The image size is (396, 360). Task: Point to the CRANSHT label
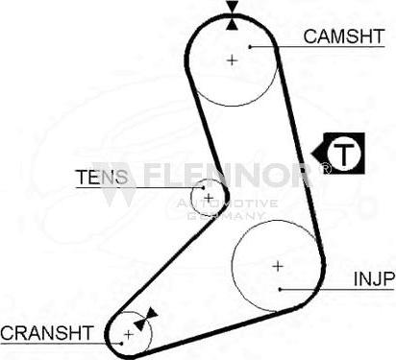coord(46,333)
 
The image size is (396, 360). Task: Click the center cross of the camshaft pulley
coord(233,60)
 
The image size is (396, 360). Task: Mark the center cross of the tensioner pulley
coord(208,197)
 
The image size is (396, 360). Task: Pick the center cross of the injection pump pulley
coord(277,264)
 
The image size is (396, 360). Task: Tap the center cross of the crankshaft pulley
coord(128,335)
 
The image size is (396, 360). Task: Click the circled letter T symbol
coord(343,152)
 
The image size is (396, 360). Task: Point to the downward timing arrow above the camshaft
coord(232,12)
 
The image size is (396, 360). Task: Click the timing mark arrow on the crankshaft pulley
coord(143,321)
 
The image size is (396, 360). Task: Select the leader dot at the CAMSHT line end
coord(249,46)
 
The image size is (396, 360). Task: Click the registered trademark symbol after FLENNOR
coord(325,169)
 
